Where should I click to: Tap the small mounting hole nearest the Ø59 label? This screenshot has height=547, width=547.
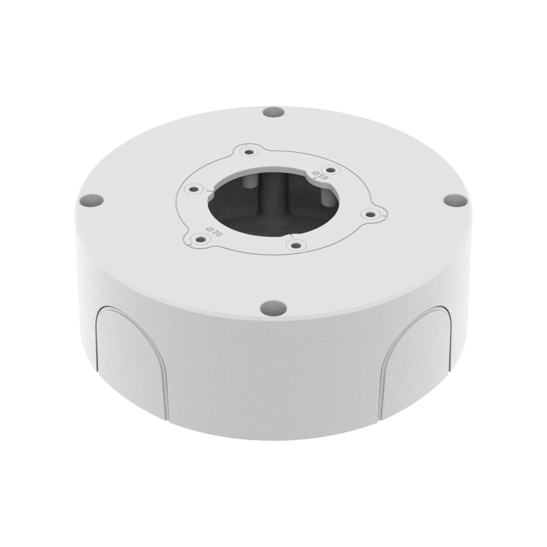[x=329, y=169]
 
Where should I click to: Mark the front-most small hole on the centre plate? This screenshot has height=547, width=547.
[x=295, y=245]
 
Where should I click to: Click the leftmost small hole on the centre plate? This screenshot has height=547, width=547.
[x=194, y=188]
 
